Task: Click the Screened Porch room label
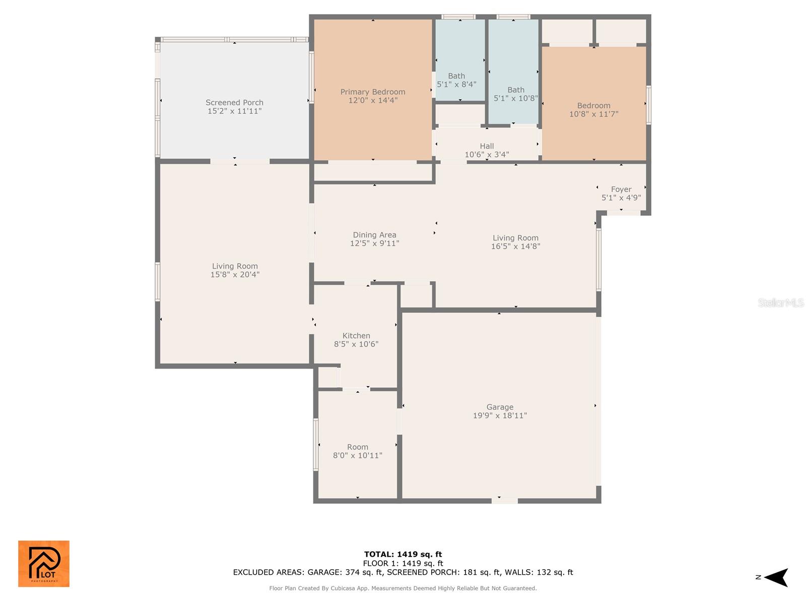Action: click(x=234, y=103)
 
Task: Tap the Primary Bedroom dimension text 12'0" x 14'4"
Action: click(x=373, y=100)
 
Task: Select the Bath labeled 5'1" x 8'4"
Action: click(x=456, y=80)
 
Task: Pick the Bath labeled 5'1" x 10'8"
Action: click(x=515, y=94)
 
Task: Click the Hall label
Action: click(x=487, y=146)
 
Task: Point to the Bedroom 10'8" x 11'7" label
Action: click(x=593, y=110)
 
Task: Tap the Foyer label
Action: click(x=621, y=190)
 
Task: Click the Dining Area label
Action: click(x=374, y=235)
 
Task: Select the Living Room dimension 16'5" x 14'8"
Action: click(x=515, y=247)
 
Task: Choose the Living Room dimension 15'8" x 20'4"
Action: click(x=235, y=275)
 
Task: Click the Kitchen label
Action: click(x=356, y=336)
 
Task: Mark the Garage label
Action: click(x=500, y=407)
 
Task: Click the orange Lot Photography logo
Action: click(x=44, y=564)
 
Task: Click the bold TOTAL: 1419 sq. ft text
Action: click(x=403, y=555)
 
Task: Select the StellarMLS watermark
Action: click(x=780, y=302)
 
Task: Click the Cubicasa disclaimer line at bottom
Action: click(x=403, y=588)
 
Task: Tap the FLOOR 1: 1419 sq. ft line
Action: click(x=403, y=564)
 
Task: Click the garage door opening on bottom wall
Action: click(x=504, y=501)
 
